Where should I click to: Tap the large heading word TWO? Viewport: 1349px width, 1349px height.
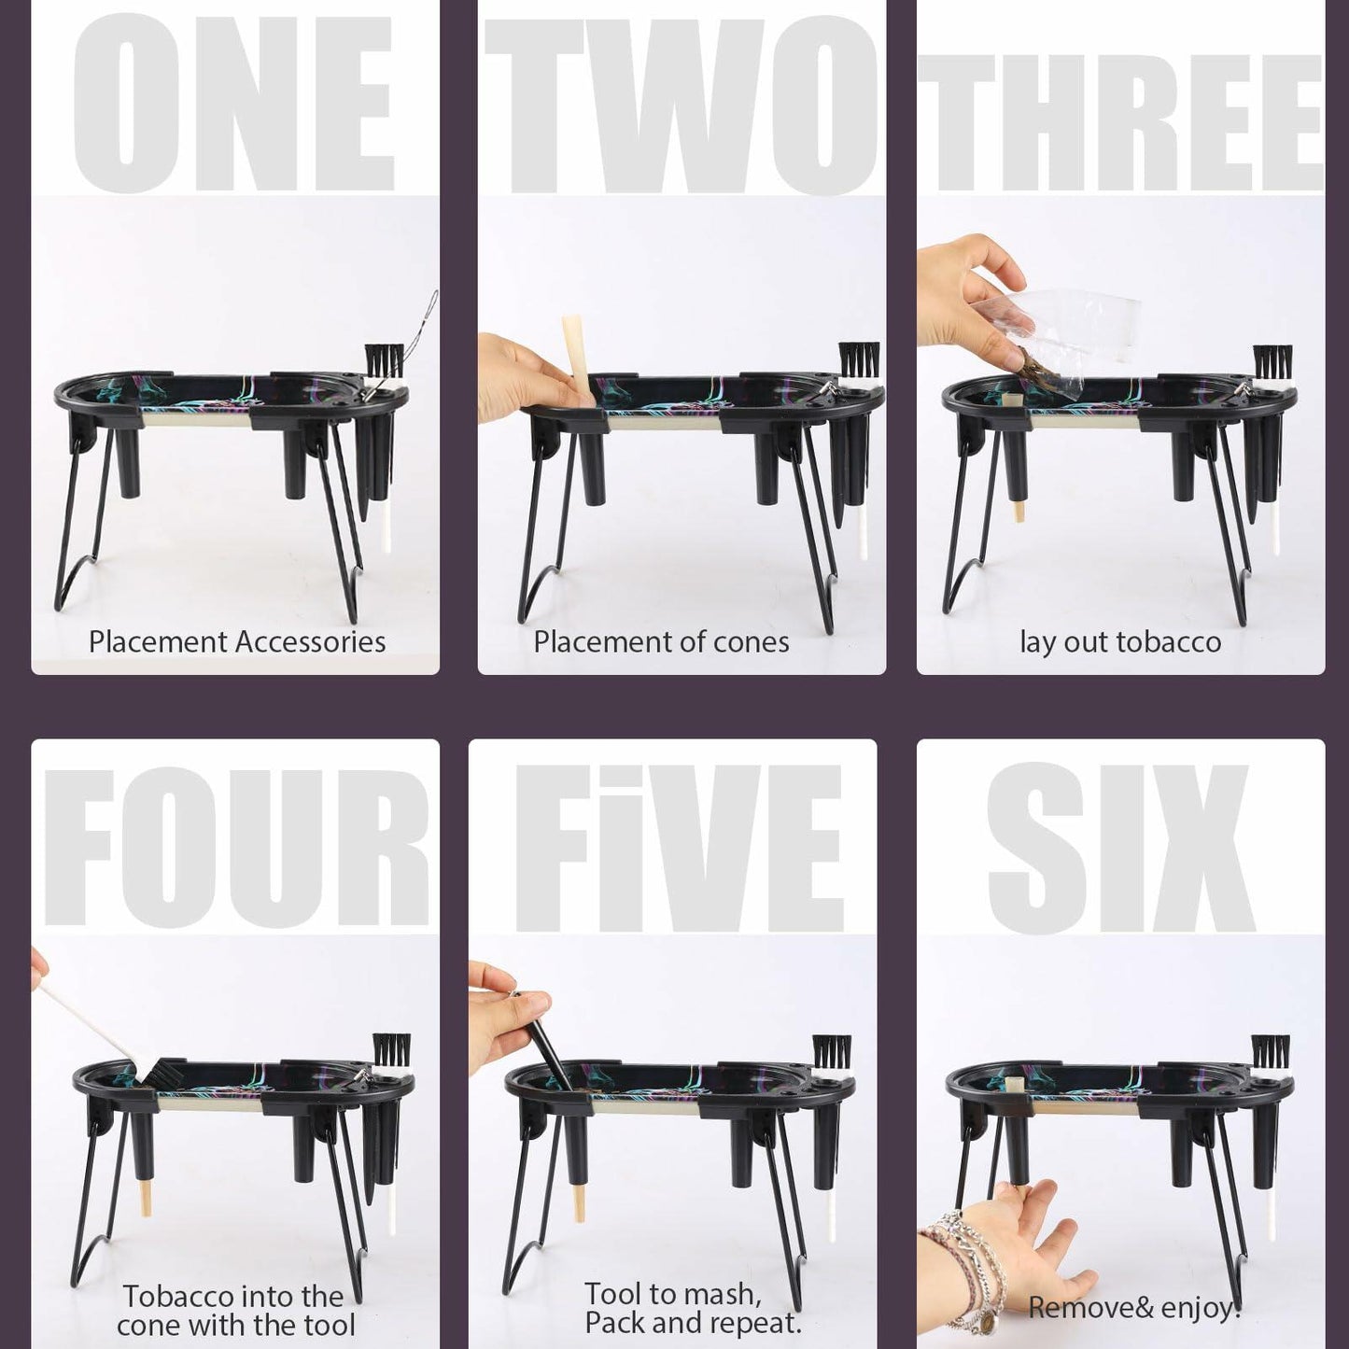click(x=682, y=105)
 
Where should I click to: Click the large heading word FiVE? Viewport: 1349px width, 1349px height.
click(x=679, y=847)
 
